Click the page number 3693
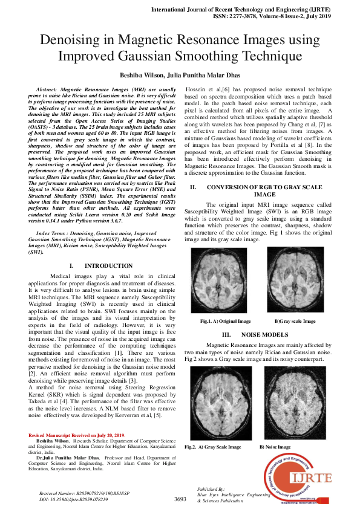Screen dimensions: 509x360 (x=180, y=499)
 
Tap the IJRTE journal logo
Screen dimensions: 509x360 (x=298, y=478)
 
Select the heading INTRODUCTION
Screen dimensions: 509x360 (x=108, y=266)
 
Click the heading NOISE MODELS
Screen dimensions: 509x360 (x=264, y=334)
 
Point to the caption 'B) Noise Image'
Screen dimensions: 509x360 (x=275, y=447)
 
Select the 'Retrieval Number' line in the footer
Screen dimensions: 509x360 (x=79, y=493)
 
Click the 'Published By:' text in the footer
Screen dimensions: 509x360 (x=211, y=488)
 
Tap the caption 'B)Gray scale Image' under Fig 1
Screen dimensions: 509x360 (x=295, y=321)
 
